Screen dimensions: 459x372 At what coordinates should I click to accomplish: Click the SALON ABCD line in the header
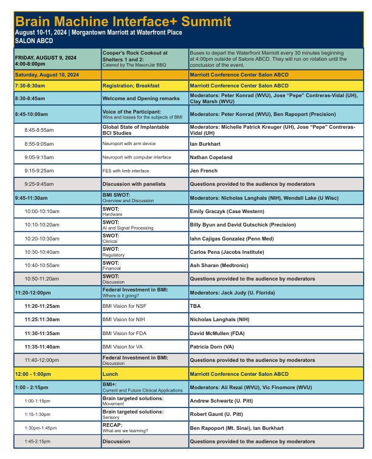tap(33, 41)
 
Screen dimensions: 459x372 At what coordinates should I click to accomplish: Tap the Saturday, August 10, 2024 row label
tap(47, 75)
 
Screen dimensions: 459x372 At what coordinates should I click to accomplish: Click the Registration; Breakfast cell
tap(131, 86)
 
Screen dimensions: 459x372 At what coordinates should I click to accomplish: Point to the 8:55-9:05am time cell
tap(39, 144)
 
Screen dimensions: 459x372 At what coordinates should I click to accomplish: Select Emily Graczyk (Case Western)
tap(227, 211)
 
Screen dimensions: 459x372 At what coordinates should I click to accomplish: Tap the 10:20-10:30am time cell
tap(42, 239)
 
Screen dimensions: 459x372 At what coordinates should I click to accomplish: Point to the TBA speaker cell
tap(195, 306)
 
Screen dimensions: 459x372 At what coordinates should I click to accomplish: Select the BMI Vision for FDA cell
tap(124, 333)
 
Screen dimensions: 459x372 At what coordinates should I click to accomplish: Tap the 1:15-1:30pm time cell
tap(38, 414)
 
